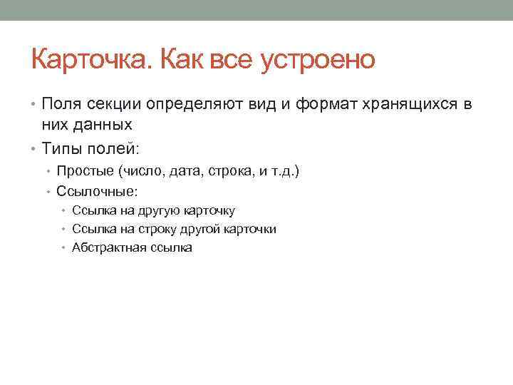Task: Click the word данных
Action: coord(105,124)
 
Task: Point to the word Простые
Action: coord(85,171)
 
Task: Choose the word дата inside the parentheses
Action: coord(186,171)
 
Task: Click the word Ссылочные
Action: coord(95,191)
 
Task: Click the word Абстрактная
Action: coord(108,247)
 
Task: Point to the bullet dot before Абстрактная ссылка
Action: coord(64,248)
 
